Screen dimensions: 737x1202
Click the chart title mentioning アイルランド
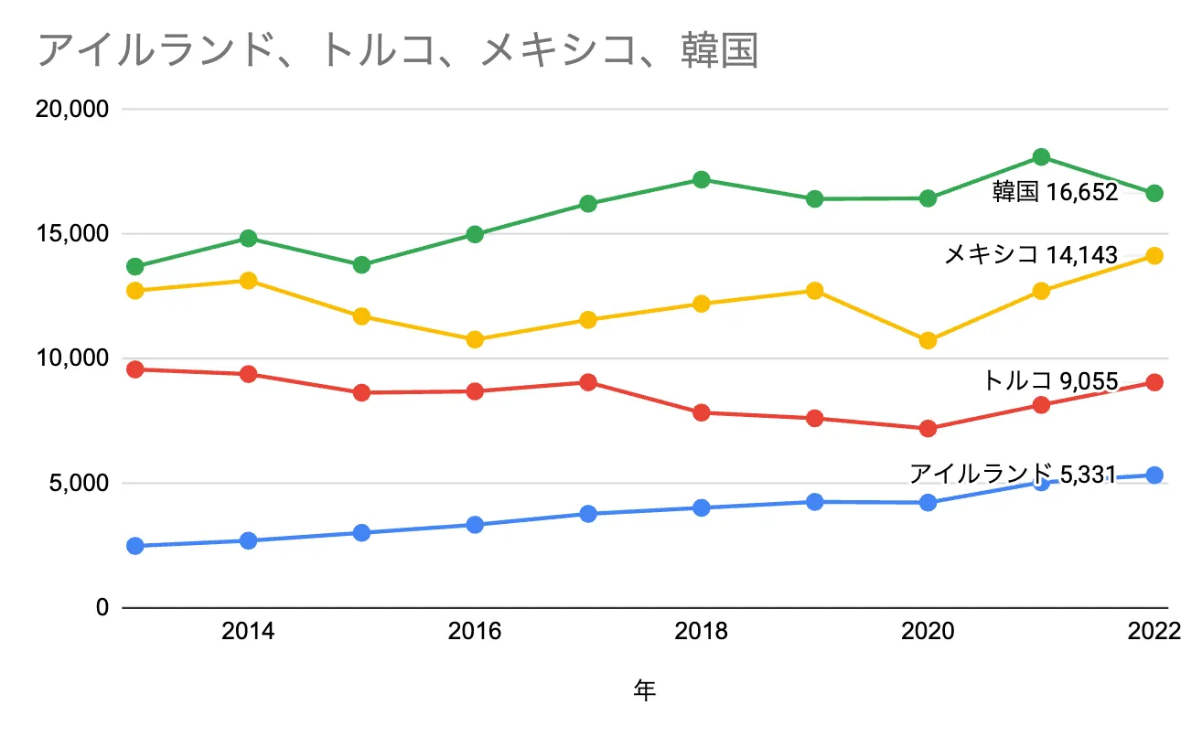click(398, 51)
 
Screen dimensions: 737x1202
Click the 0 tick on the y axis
click(102, 607)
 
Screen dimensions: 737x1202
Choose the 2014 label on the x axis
click(248, 632)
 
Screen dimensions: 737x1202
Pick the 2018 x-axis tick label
click(701, 632)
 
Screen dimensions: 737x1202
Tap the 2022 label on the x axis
click(1154, 632)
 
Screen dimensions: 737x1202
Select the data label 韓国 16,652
click(1055, 193)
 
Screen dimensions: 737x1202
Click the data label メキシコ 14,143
click(1030, 255)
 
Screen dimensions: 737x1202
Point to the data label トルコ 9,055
click(1050, 380)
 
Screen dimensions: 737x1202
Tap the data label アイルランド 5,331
click(1013, 473)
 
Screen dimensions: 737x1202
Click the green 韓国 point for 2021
click(1041, 157)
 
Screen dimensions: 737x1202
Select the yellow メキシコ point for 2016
click(475, 340)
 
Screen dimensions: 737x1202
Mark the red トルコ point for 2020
click(928, 429)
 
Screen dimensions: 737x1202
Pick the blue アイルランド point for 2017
click(588, 514)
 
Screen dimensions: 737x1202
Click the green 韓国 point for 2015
click(361, 265)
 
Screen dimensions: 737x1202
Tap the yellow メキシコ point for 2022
click(1154, 256)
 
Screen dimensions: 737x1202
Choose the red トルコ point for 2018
click(702, 412)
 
